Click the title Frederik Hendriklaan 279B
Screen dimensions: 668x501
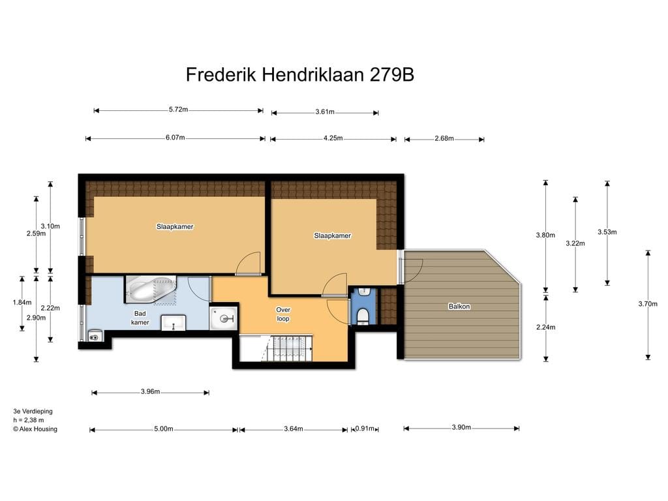tap(300, 74)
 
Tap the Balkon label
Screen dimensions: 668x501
tap(459, 307)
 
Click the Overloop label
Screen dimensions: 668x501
tap(283, 314)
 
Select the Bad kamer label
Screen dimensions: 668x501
tap(140, 318)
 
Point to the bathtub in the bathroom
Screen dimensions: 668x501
tap(151, 290)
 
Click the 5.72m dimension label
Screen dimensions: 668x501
tap(179, 110)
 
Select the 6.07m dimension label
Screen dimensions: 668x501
tap(175, 138)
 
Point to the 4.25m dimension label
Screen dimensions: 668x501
tap(333, 138)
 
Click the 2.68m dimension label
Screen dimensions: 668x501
tap(444, 138)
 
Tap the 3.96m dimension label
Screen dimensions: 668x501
tap(151, 391)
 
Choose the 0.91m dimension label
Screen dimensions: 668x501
tap(365, 429)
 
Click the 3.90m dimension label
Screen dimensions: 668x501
tap(461, 427)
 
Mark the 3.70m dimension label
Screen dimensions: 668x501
tap(648, 304)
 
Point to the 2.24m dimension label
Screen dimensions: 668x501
tap(546, 327)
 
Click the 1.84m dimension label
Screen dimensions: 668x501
tap(22, 303)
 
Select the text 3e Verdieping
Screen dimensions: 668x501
tap(33, 412)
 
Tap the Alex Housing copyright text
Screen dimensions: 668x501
tap(35, 429)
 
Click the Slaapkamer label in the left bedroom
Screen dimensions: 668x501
tap(175, 226)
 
